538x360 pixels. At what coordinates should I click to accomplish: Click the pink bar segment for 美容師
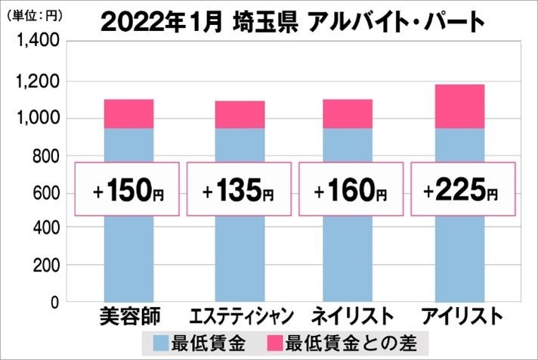pos(128,113)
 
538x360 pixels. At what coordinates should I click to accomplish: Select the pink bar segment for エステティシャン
pos(240,114)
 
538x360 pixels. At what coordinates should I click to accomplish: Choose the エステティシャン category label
pos(240,315)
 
